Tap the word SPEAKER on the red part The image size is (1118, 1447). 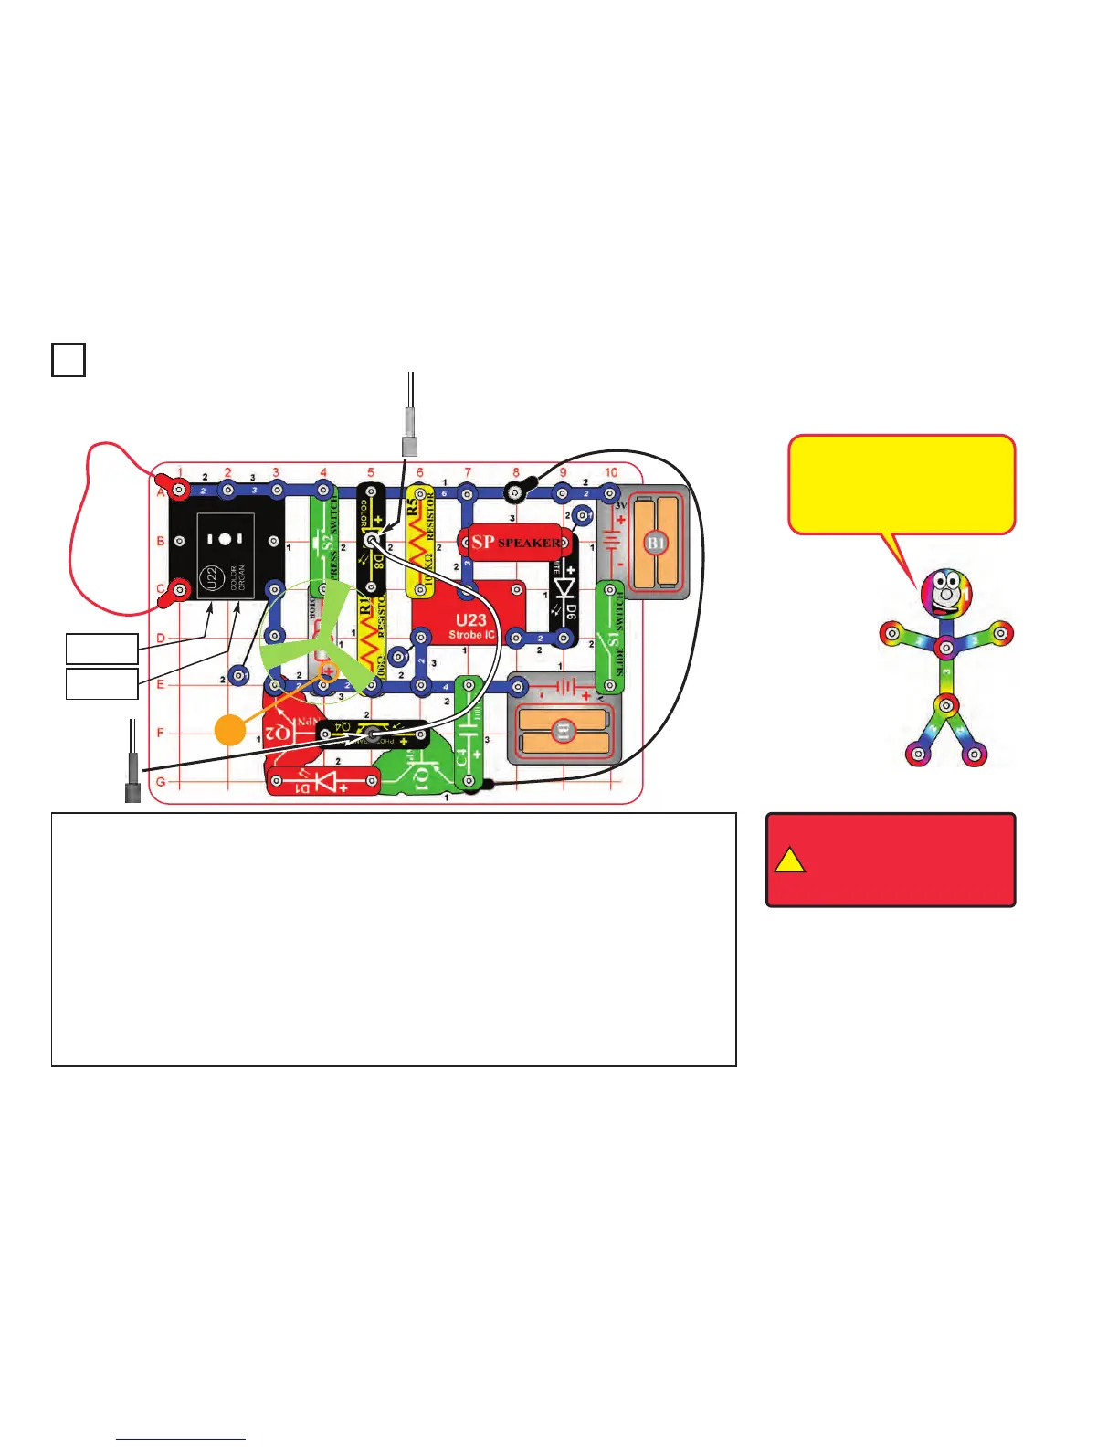[530, 542]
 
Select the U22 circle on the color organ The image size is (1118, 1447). [208, 577]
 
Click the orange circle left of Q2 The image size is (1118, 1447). [231, 730]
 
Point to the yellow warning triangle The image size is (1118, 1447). [790, 861]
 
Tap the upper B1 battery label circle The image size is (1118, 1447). [656, 543]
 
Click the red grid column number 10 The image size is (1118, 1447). [611, 472]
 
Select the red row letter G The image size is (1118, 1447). [161, 782]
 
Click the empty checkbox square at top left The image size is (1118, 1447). [69, 359]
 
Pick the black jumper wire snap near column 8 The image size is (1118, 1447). [516, 492]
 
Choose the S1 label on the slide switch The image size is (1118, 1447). [614, 639]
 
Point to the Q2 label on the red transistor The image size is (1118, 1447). [279, 733]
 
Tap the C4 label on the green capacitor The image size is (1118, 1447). [462, 757]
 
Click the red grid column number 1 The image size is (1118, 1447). [180, 472]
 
